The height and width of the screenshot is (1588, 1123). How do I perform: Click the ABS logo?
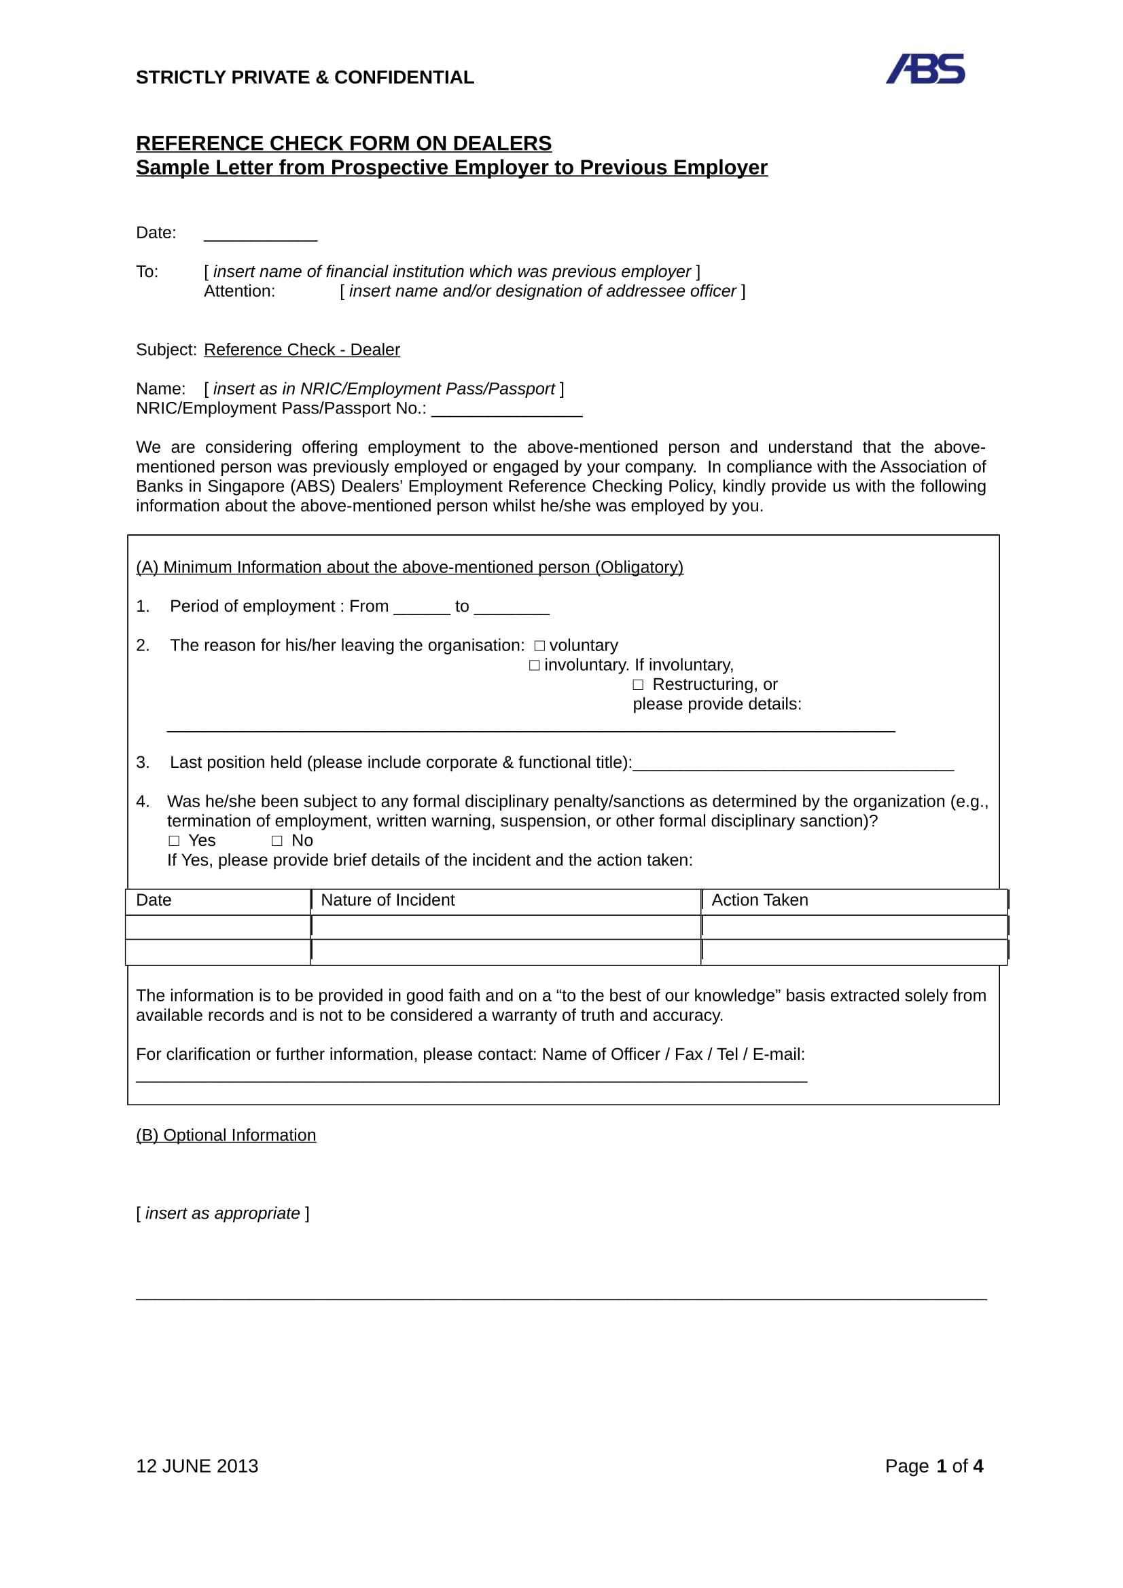pyautogui.click(x=925, y=69)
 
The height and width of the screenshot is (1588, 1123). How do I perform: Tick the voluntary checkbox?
pyautogui.click(x=539, y=646)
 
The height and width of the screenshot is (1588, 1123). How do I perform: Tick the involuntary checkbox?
pyautogui.click(x=534, y=665)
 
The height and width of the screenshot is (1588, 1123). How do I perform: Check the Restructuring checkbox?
pyautogui.click(x=638, y=685)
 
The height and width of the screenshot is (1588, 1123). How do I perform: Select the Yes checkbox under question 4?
pyautogui.click(x=174, y=841)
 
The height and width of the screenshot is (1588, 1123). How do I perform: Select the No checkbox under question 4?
pyautogui.click(x=277, y=841)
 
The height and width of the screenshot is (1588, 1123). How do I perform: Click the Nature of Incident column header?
pyautogui.click(x=387, y=900)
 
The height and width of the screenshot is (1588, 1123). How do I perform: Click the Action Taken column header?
pyautogui.click(x=759, y=900)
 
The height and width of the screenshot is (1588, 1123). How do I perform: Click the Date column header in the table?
pyautogui.click(x=154, y=900)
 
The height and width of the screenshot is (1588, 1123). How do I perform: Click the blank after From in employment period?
pyautogui.click(x=421, y=608)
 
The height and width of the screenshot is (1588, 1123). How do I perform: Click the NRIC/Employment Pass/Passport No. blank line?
pyautogui.click(x=507, y=410)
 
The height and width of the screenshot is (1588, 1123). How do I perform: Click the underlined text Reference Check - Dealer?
pyautogui.click(x=302, y=350)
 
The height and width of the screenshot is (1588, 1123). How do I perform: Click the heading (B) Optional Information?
pyautogui.click(x=226, y=1135)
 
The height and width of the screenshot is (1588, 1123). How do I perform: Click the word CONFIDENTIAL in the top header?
pyautogui.click(x=404, y=77)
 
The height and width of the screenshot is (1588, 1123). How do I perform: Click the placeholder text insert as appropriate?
pyautogui.click(x=222, y=1213)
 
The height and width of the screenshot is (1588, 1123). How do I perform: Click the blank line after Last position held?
pyautogui.click(x=793, y=764)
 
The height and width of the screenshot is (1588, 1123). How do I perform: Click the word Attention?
pyautogui.click(x=239, y=291)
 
